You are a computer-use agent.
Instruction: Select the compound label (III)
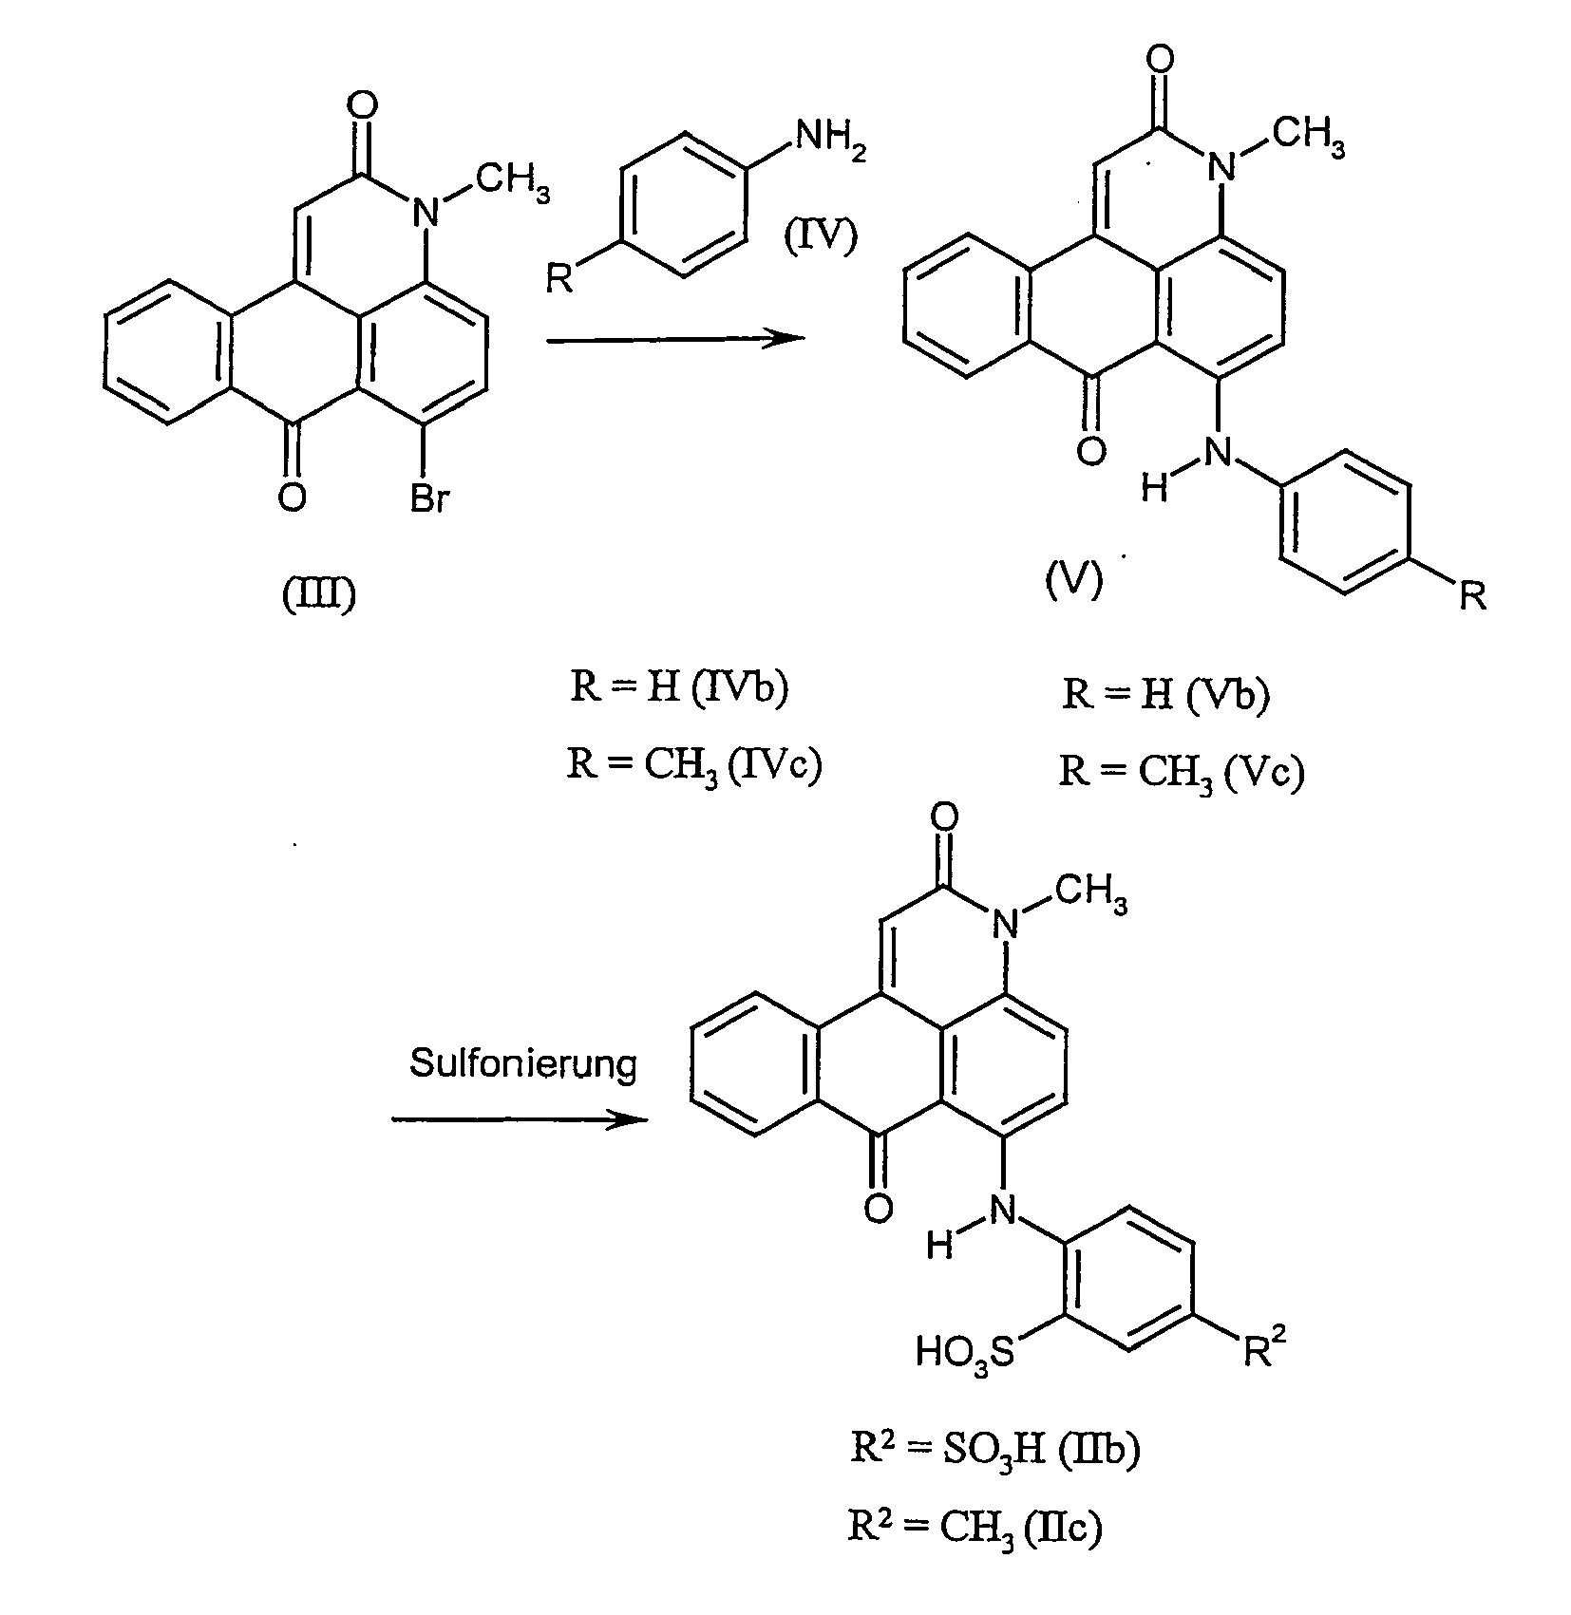pos(319,595)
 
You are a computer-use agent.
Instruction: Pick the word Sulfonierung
pos(522,1063)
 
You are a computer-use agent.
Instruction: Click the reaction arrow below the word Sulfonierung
pos(520,1120)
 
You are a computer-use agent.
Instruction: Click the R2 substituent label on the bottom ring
pos(1264,1349)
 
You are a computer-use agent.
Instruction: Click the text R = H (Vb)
pos(1165,695)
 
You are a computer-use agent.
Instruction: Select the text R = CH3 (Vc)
pos(1182,772)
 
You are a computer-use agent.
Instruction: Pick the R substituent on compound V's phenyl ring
pos(1472,597)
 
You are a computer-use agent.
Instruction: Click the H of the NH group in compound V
pos(1153,488)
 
